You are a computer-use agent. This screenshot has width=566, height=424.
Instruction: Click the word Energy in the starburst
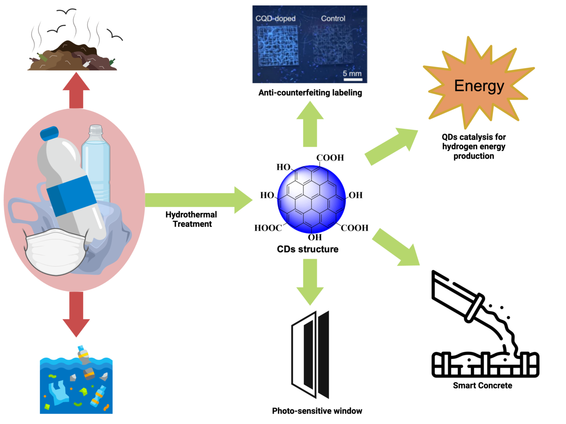coord(479,86)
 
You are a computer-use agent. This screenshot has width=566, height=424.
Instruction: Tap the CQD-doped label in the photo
coord(275,19)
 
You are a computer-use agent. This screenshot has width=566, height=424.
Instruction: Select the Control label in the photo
coord(333,19)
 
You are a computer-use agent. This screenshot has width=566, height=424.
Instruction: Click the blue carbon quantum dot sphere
coord(311,199)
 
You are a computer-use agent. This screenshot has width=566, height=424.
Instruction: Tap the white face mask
coord(55,252)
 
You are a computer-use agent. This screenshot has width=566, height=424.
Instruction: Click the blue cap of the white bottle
coord(50,133)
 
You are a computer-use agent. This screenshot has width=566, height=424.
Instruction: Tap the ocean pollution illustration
coord(76,384)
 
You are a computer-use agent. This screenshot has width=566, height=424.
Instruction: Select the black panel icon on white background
coord(310,353)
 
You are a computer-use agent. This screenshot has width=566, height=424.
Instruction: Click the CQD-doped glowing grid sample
coord(278,46)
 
